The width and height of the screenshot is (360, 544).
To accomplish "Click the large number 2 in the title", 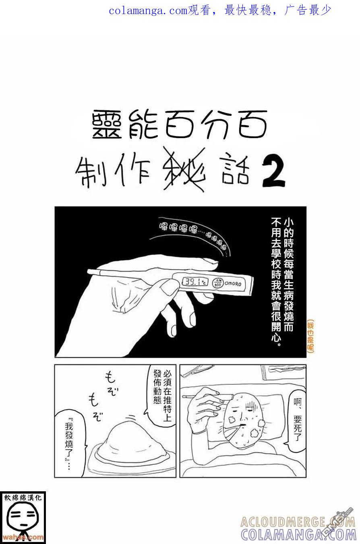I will tap(273, 172).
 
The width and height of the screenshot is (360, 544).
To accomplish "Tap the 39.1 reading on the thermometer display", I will tap(195, 282).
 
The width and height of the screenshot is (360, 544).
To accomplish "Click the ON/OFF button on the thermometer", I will tap(218, 282).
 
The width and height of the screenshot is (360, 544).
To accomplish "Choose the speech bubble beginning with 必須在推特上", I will tap(161, 396).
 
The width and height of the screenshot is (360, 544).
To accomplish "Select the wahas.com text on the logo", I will tap(23, 537).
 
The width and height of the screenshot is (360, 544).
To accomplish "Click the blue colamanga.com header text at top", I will tap(220, 11).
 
